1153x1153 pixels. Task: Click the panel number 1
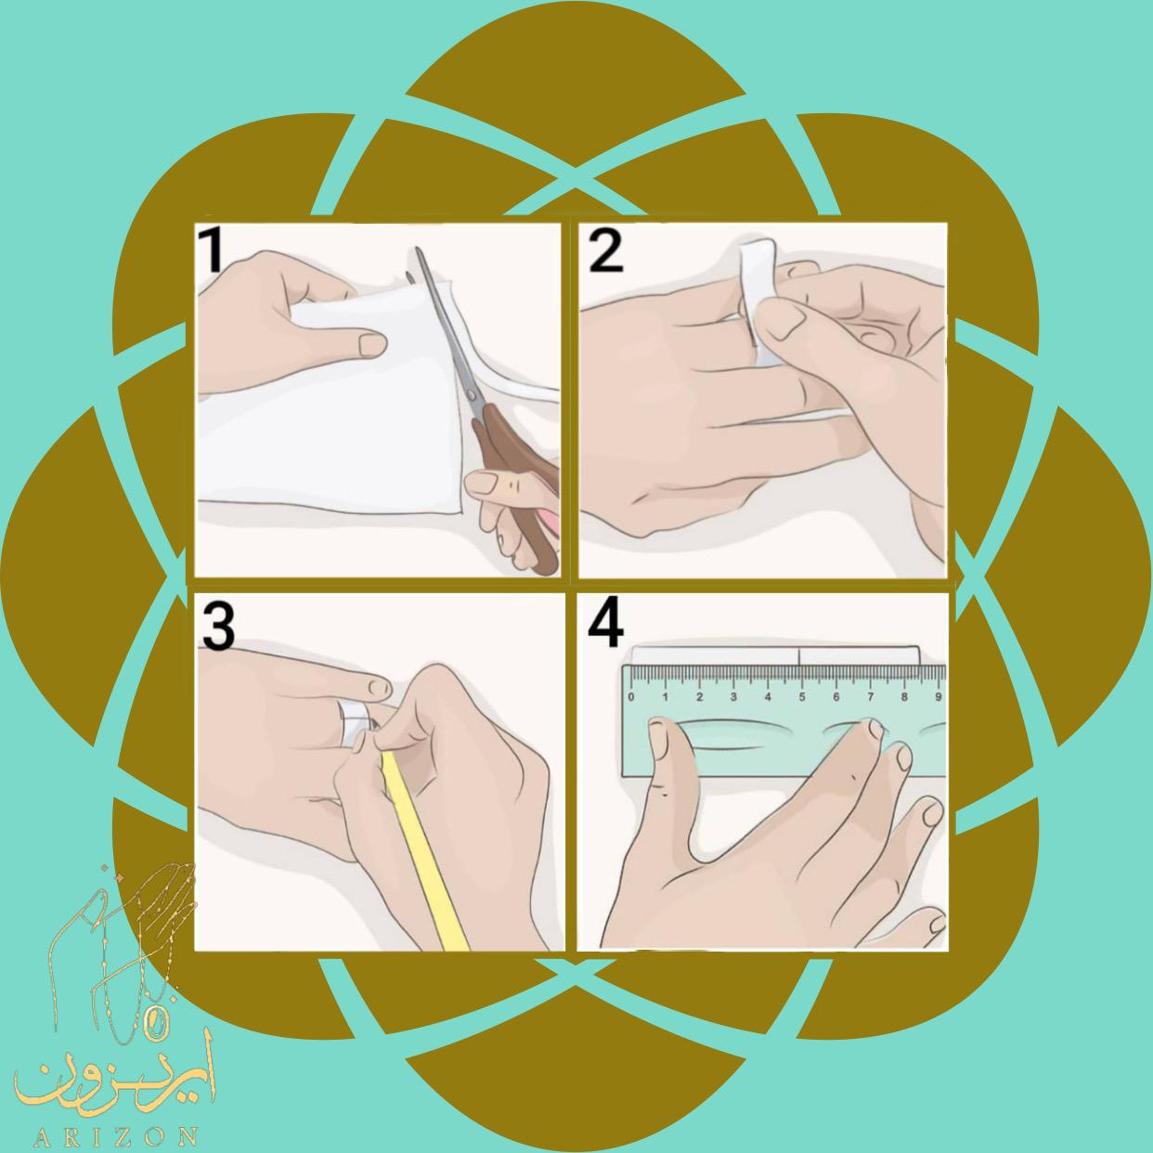click(x=212, y=252)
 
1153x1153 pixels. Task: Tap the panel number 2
click(x=605, y=252)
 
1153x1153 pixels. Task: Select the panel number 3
click(x=218, y=626)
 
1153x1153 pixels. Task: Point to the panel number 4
click(x=605, y=626)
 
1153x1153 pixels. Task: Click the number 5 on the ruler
click(x=802, y=697)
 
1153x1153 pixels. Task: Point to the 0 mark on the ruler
click(x=631, y=697)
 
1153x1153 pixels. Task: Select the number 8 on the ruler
click(x=904, y=697)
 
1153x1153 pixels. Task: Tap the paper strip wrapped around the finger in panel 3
click(x=355, y=725)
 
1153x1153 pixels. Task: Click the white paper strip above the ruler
click(x=776, y=655)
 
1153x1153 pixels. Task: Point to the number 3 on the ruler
click(x=733, y=697)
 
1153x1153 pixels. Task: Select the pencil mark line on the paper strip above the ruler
click(x=799, y=655)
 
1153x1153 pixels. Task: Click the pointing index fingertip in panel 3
click(x=380, y=688)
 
